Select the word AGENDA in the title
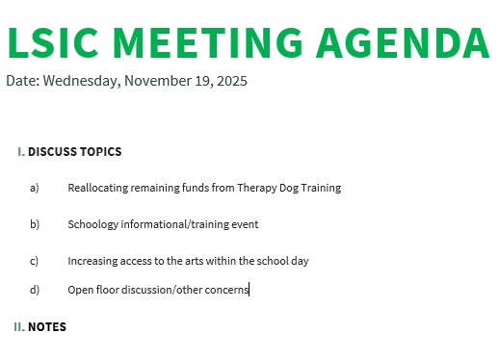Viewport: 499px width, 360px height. click(x=403, y=41)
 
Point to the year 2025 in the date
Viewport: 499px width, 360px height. click(x=230, y=81)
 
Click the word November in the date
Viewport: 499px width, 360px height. click(x=159, y=81)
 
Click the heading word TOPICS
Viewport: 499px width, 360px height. click(x=101, y=152)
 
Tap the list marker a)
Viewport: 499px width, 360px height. click(x=35, y=188)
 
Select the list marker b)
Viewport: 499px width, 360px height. click(x=35, y=224)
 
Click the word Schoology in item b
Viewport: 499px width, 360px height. click(x=94, y=224)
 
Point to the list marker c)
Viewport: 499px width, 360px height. click(x=35, y=261)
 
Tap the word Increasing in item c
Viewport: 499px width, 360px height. click(x=93, y=261)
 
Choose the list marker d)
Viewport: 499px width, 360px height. click(x=35, y=290)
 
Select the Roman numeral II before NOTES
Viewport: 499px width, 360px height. click(x=18, y=327)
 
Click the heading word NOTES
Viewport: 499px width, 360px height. click(x=47, y=327)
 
